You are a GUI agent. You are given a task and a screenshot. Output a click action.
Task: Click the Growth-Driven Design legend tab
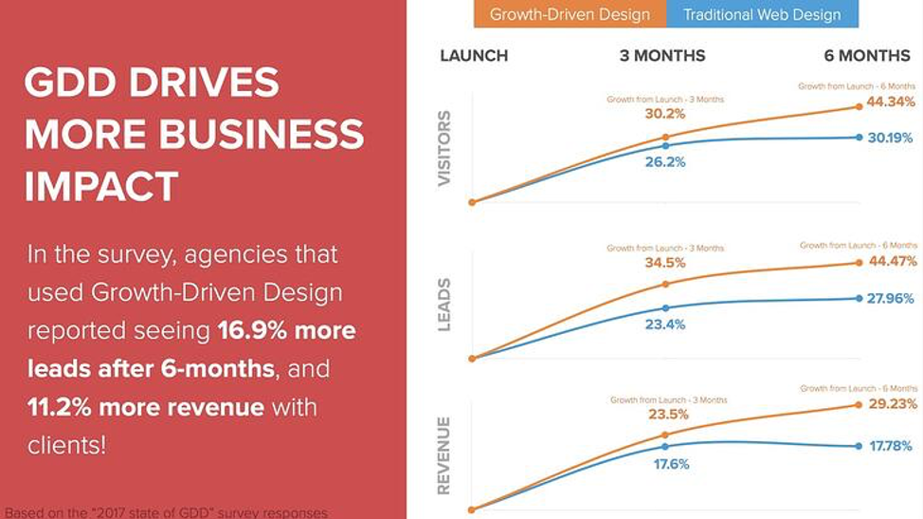[570, 14]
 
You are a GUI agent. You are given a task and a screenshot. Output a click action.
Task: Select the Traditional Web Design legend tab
[762, 14]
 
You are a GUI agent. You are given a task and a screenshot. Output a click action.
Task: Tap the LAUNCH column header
[474, 56]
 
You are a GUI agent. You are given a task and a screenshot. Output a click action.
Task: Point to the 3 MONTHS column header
[662, 56]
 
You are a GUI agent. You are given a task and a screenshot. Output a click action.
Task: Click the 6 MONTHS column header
[867, 56]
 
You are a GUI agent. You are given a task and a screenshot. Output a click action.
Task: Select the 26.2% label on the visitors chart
[665, 162]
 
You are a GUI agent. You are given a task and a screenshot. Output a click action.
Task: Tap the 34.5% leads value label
[665, 263]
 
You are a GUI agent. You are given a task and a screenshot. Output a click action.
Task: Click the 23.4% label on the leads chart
[665, 324]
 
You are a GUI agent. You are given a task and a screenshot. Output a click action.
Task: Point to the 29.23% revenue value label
[892, 403]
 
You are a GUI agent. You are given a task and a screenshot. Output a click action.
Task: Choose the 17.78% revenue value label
[892, 445]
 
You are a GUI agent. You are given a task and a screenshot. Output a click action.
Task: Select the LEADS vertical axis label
[444, 305]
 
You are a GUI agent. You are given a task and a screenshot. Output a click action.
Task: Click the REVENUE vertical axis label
[444, 455]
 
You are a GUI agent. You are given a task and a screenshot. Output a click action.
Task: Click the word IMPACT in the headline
[101, 186]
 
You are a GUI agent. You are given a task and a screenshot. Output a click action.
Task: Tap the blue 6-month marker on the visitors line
[859, 138]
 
